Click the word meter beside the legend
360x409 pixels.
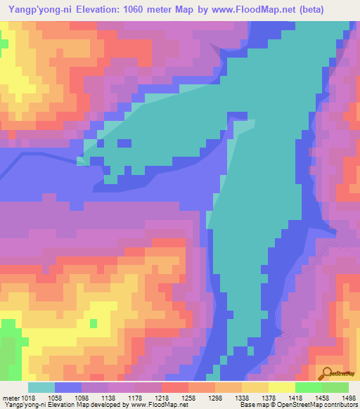tap(11, 398)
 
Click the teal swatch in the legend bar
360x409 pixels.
tap(41, 387)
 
